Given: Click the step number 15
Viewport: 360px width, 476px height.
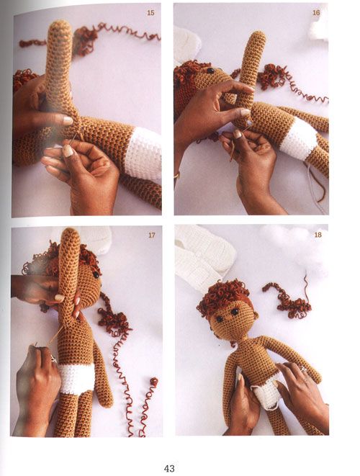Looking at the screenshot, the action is click(150, 13).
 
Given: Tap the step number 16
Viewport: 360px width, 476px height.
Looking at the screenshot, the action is click(316, 13).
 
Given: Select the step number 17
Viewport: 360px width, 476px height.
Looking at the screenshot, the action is click(152, 235).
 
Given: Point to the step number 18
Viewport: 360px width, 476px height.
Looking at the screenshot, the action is click(318, 235).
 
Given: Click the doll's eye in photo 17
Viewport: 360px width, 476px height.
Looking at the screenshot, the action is click(96, 275).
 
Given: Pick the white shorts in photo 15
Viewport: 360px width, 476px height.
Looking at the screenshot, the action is click(143, 155).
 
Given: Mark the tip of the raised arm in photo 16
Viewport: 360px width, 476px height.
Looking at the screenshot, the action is click(258, 33).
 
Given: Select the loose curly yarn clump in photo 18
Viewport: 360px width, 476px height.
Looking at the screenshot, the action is click(287, 299).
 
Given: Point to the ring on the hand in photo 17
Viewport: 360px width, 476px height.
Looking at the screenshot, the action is click(53, 359).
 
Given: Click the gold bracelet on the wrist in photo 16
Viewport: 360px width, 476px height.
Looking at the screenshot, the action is click(176, 175).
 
